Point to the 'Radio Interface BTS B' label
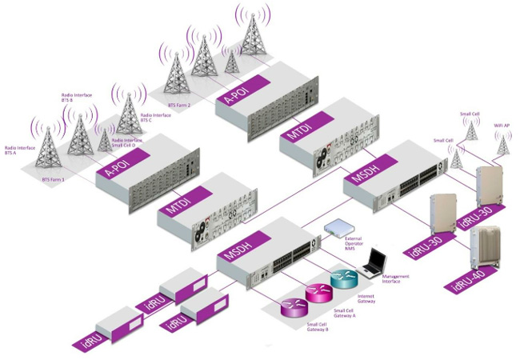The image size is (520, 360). pos(76,98)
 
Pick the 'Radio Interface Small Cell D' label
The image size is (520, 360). pos(127,143)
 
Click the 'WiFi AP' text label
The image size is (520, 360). pos(502,126)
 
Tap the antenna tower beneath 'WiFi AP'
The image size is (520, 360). pos(503,144)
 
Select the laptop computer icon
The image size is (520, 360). pos(373,261)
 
